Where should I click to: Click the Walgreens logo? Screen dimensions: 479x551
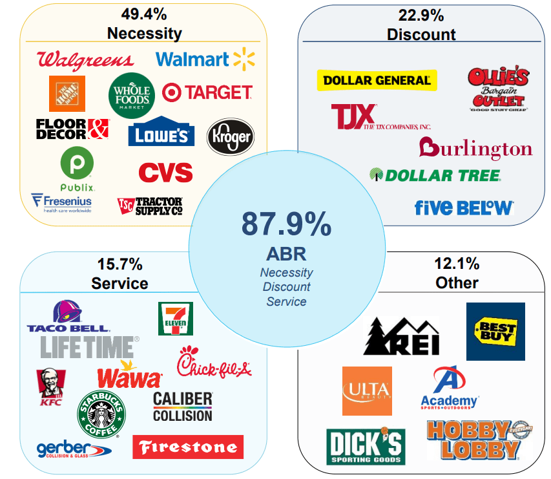(85, 60)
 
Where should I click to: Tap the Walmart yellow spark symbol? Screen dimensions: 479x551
(244, 59)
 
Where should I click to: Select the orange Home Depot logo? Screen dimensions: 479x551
(67, 94)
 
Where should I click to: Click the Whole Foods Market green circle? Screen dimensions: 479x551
(132, 95)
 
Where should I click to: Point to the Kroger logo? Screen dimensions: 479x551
(230, 136)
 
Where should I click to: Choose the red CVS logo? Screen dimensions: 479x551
(165, 173)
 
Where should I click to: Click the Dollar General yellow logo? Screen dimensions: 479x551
(377, 80)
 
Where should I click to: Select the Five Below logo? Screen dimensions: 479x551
(464, 208)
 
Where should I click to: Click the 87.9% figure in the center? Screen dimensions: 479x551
(286, 224)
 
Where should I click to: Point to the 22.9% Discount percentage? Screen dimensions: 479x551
(421, 14)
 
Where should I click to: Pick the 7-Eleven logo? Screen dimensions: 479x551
(175, 319)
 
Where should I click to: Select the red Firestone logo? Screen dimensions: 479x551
(188, 447)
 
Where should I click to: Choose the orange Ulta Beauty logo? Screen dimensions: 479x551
(367, 390)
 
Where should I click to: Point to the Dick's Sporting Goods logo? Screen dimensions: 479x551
(365, 446)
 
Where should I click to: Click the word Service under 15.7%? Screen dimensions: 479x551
(120, 283)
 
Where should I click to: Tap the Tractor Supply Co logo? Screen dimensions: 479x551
(151, 206)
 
